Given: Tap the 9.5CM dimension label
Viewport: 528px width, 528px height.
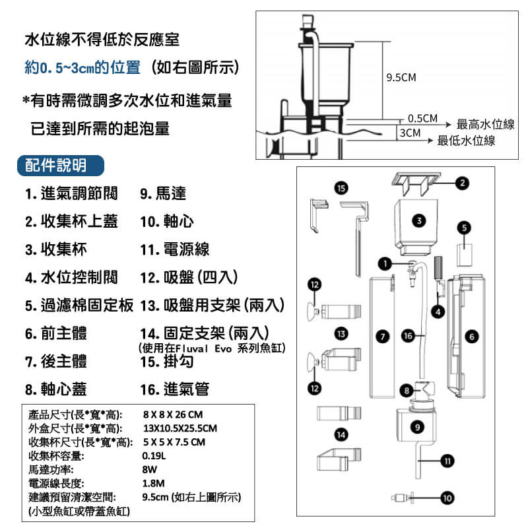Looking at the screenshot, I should [401, 78].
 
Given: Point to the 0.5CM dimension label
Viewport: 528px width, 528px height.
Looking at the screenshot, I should [423, 119].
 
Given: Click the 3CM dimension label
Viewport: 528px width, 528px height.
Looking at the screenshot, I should [410, 133].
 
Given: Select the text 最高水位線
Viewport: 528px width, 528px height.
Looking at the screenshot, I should [485, 125].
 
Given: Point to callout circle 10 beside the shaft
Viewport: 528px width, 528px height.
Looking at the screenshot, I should [447, 498].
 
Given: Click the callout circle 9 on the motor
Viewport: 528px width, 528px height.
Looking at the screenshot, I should [417, 426].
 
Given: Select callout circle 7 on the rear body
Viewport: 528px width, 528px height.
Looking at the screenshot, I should [380, 336].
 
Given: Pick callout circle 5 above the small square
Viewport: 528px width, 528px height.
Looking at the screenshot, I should [466, 227].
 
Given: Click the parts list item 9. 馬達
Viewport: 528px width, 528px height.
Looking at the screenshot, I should [163, 194].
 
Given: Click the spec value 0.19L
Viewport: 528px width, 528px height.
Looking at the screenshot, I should [154, 455].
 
